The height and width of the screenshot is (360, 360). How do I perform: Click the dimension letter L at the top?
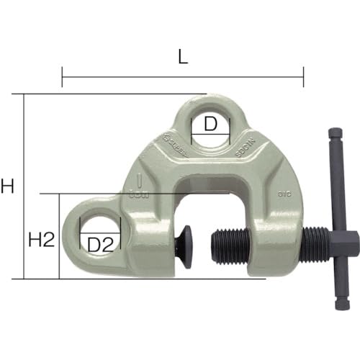(183, 57)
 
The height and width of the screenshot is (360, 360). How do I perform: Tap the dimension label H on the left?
(8, 186)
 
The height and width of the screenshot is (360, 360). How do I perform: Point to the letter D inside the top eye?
(210, 124)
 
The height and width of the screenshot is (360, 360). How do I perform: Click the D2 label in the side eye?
(102, 246)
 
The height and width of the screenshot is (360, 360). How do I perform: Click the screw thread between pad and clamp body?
(230, 246)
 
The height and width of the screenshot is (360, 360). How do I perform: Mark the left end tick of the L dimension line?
(63, 75)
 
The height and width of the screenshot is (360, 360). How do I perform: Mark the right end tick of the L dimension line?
(303, 75)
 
